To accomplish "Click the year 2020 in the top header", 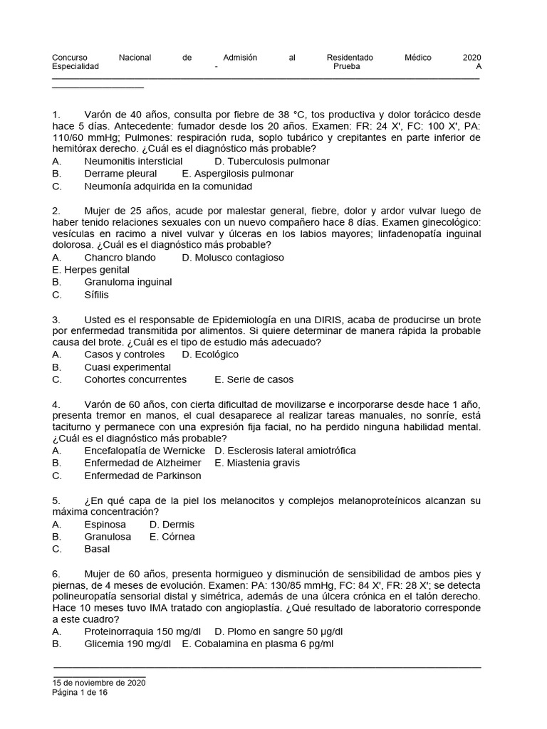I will [x=472, y=58].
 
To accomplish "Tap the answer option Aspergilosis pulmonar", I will [x=238, y=174].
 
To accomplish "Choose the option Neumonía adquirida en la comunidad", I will [x=168, y=187].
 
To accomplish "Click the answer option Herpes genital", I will [x=91, y=270].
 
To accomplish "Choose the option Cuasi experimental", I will [x=127, y=367].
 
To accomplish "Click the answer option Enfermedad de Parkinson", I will [x=142, y=476].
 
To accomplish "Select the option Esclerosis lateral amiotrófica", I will [x=285, y=451].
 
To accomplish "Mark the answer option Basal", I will [x=97, y=549].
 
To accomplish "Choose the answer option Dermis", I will [x=172, y=525].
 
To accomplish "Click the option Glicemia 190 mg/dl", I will [x=127, y=644].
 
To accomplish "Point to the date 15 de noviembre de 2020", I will [x=99, y=683].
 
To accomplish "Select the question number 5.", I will [x=56, y=500].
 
